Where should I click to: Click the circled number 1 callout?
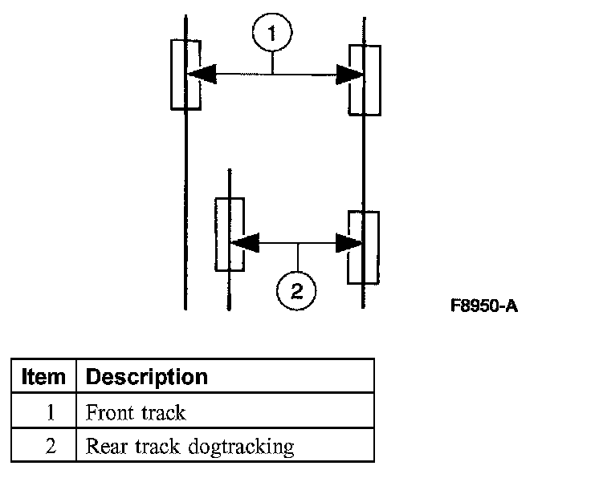[273, 34]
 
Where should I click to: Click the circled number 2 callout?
[297, 290]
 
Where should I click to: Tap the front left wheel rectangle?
[185, 74]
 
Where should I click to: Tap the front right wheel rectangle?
[365, 80]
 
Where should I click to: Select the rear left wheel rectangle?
[230, 234]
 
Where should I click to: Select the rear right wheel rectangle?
[363, 247]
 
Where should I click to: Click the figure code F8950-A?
[483, 306]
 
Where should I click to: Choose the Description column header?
[146, 376]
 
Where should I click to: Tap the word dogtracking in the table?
[242, 447]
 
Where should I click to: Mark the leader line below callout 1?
[273, 62]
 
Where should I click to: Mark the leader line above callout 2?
[297, 256]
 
